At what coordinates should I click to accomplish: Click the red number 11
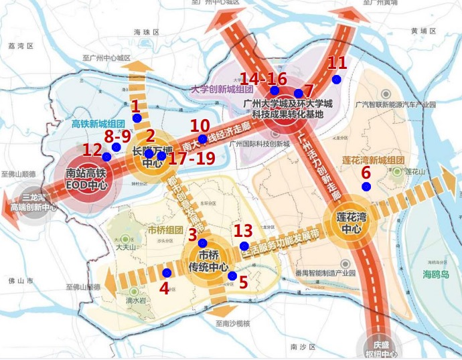pos(337,64)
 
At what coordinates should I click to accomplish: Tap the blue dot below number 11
pos(336,80)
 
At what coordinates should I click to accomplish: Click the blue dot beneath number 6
pos(366,186)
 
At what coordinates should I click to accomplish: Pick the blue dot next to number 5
pos(232,276)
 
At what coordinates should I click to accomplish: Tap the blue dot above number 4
pos(167,272)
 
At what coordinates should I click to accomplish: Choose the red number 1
pos(136,106)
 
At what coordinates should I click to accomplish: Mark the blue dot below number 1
pos(137,118)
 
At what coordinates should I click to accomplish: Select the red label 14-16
pos(263,78)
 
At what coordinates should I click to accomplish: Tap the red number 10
pos(200,126)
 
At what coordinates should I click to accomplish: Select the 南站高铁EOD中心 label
pos(86,177)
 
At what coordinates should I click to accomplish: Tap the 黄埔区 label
pos(424,31)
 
